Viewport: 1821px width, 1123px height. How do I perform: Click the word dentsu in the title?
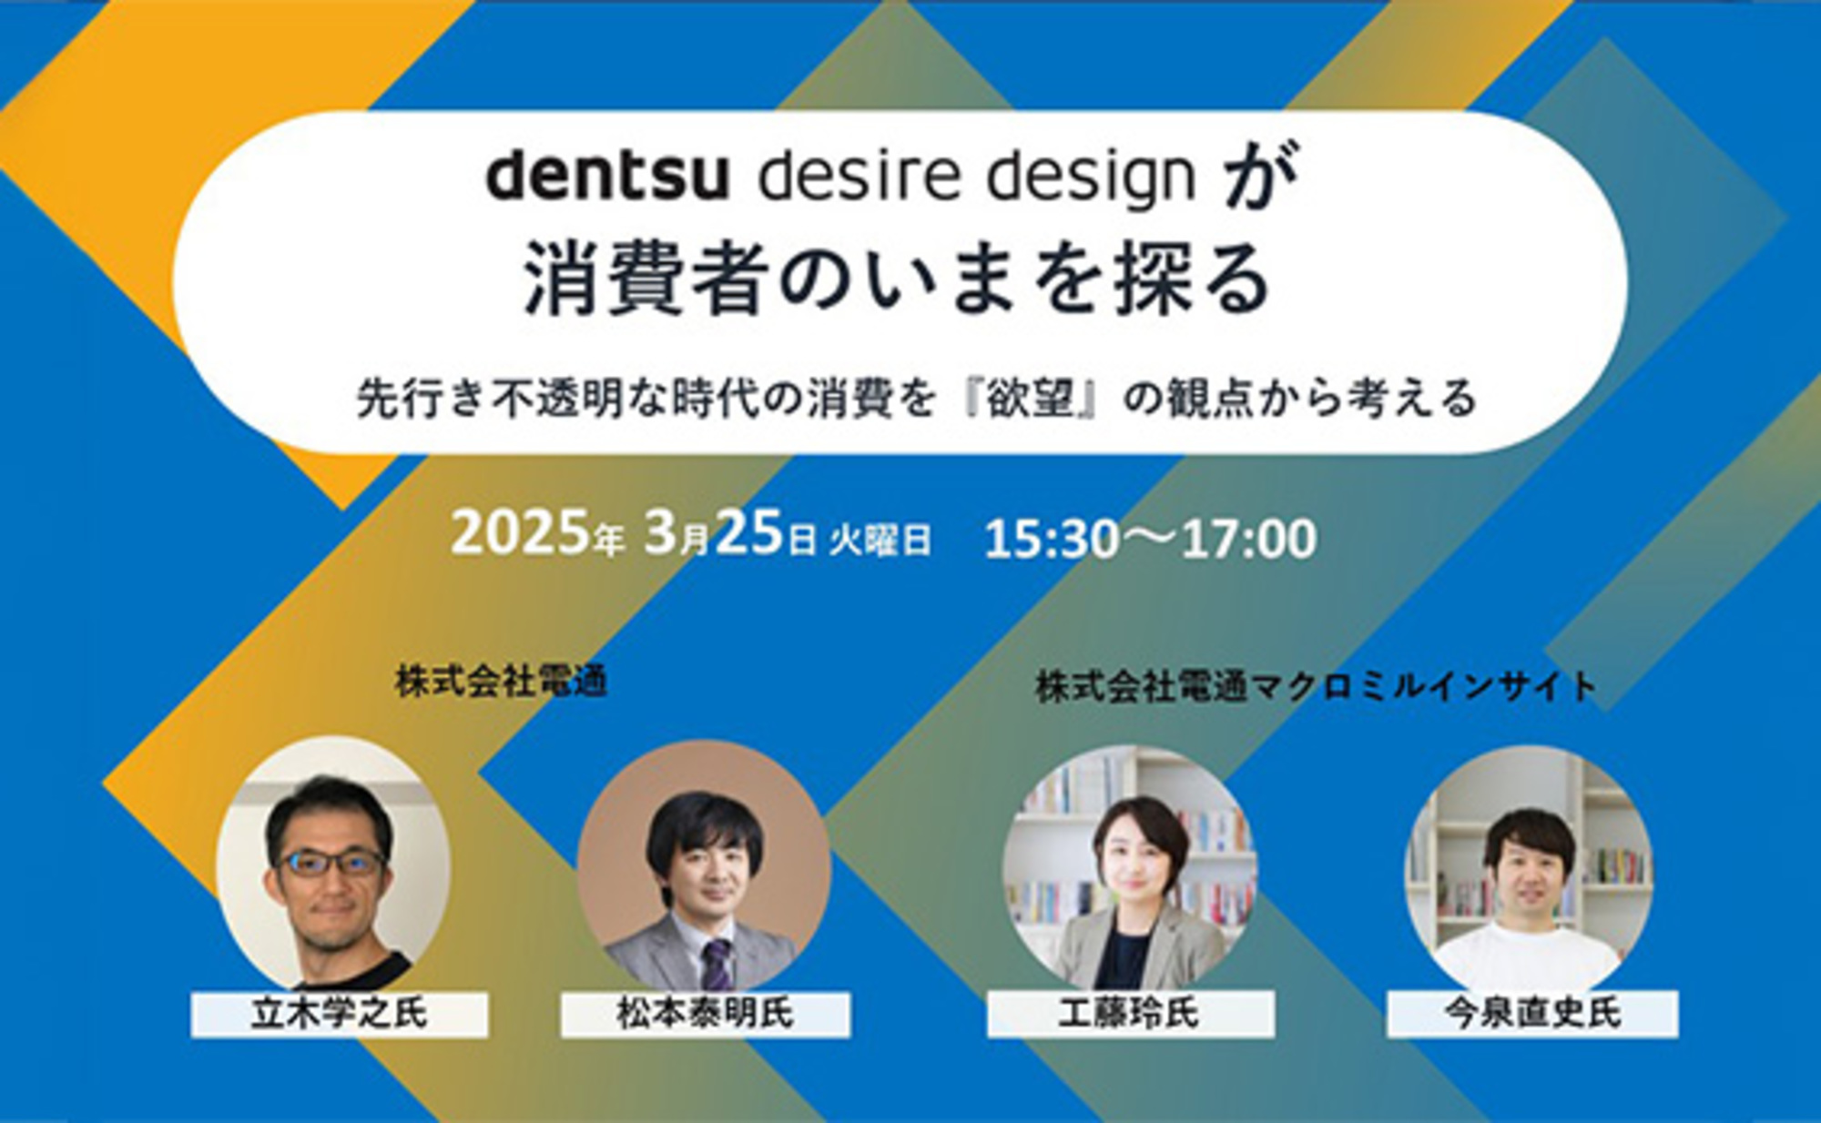click(x=607, y=177)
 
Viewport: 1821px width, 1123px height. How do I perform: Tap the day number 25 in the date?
click(x=749, y=533)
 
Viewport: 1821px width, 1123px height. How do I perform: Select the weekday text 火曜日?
click(x=880, y=541)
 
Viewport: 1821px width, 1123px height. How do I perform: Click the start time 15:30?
click(x=1052, y=539)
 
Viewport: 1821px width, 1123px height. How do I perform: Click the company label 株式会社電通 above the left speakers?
click(x=501, y=682)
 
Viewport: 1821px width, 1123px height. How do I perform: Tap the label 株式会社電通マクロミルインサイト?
click(x=1316, y=686)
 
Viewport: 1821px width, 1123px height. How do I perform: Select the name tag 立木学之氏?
click(x=339, y=1014)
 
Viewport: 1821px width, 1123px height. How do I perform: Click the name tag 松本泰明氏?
click(x=706, y=1014)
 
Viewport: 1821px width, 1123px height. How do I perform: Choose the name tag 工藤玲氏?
click(x=1130, y=1014)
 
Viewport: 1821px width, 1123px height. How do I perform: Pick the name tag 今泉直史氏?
click(x=1532, y=1014)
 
